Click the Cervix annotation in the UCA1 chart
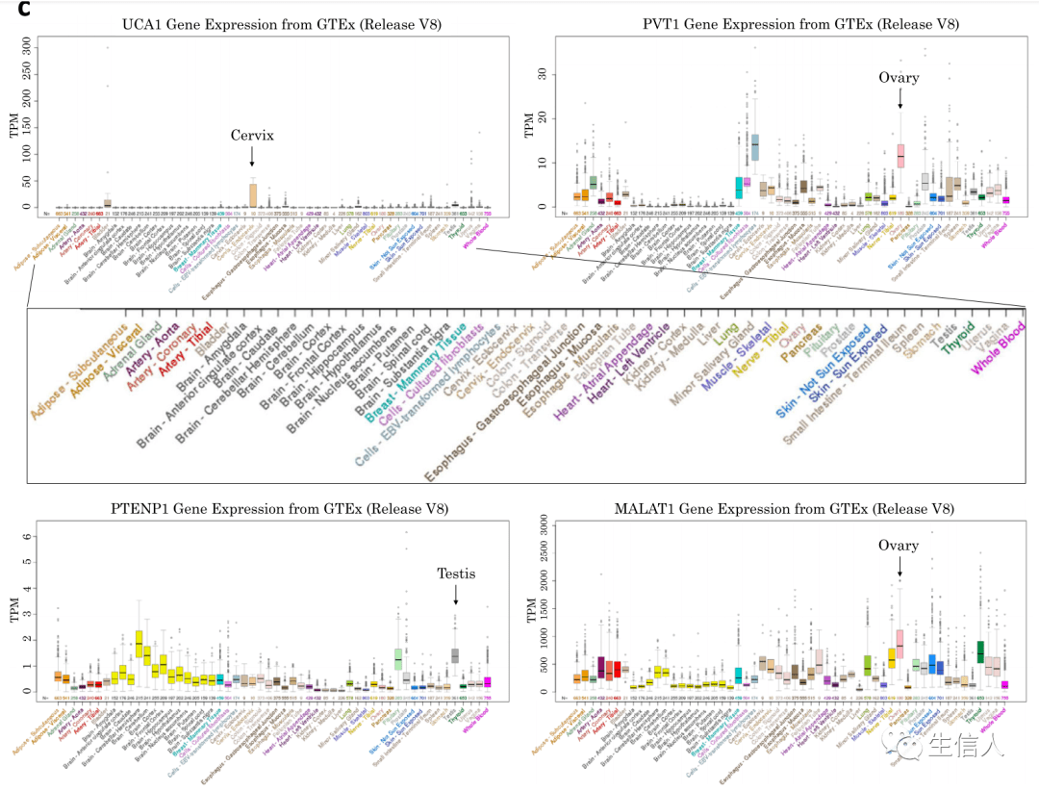251,136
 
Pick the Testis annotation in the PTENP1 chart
456,574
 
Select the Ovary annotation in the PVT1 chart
900,78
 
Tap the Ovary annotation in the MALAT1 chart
899,546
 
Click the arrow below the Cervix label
252,157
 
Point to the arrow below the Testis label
456,596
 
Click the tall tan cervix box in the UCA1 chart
253,194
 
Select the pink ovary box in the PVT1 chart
900,154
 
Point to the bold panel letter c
11,9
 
